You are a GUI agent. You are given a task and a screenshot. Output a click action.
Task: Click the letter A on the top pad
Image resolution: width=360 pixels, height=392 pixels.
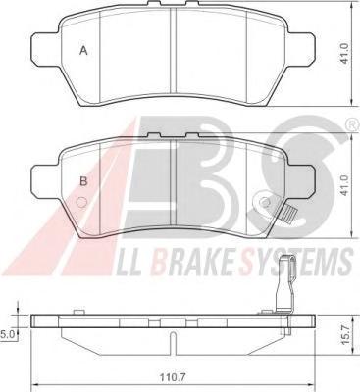coord(84,51)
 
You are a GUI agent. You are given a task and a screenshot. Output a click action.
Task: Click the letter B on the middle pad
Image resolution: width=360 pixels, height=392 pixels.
coord(83,181)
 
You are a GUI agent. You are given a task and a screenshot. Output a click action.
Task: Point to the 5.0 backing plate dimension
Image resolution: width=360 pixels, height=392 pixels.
coord(6,334)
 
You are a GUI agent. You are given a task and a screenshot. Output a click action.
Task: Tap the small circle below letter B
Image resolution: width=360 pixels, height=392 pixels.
coord(80,203)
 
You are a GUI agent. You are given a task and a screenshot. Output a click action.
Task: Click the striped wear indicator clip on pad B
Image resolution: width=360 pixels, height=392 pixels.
coord(289,216)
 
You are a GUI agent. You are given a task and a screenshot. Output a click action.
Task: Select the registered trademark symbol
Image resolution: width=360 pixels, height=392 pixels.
coord(351,124)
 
